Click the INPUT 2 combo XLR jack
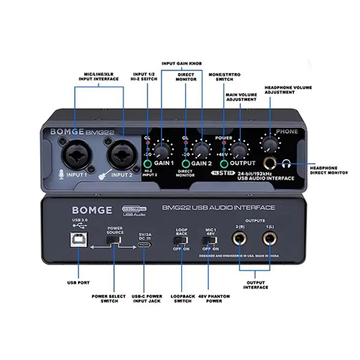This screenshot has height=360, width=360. click(121, 153)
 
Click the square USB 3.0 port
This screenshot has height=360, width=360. click(79, 239)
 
